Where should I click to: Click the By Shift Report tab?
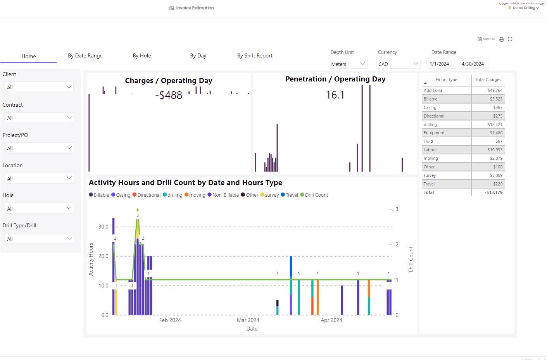tap(255, 55)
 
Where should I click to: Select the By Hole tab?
tap(142, 55)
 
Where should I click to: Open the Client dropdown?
tap(39, 87)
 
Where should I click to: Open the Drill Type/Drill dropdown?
tap(39, 239)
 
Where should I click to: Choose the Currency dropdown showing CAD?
tap(398, 64)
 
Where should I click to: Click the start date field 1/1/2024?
tap(441, 64)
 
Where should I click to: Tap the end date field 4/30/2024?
tap(473, 64)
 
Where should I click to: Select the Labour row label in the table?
tap(430, 150)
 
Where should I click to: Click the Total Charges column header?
tap(488, 80)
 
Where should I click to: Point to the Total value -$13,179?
tap(493, 192)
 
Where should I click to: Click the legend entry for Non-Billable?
tap(225, 195)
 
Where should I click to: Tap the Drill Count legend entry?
tap(316, 195)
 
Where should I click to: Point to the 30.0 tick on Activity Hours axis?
tap(104, 227)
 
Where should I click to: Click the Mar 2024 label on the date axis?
tap(248, 320)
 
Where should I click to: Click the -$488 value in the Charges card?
tap(169, 95)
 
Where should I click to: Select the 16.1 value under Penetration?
tap(335, 95)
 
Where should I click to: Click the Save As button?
tap(487, 39)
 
